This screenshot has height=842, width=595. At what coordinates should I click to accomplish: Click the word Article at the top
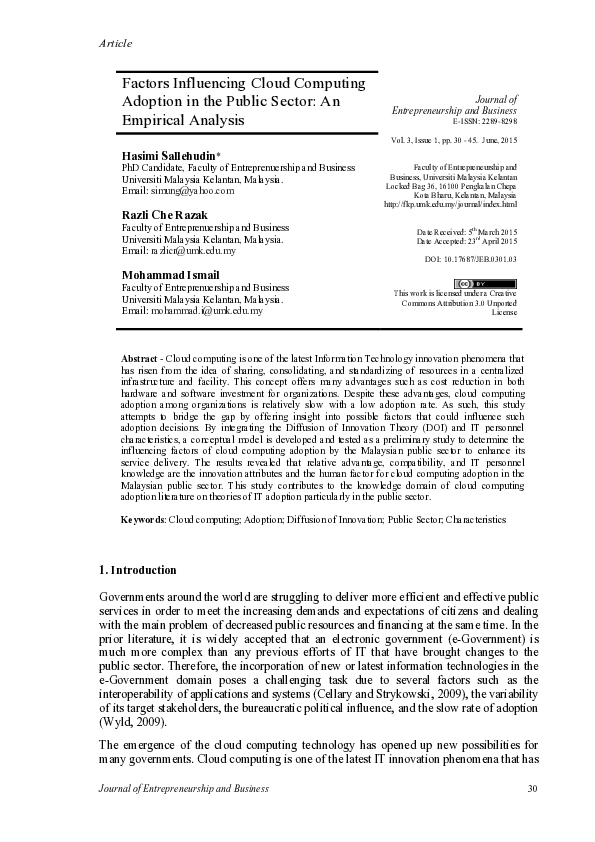(116, 43)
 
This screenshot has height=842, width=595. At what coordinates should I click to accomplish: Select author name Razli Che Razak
(166, 215)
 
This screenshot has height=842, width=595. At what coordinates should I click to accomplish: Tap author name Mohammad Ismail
(171, 274)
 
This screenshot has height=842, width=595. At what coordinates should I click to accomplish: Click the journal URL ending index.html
(450, 205)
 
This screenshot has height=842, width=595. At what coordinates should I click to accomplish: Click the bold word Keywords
(143, 520)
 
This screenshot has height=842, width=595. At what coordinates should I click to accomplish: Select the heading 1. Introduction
(139, 571)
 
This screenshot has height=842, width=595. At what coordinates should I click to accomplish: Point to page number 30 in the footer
(532, 789)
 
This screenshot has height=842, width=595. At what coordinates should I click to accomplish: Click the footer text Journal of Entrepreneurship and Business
(185, 789)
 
